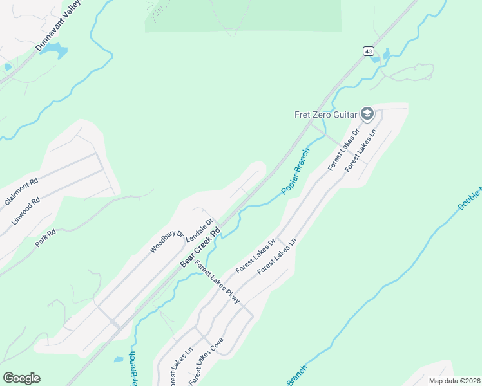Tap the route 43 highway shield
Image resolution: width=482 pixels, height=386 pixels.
pyautogui.click(x=368, y=51)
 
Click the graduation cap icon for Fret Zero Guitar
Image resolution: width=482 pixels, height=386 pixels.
pyautogui.click(x=367, y=115)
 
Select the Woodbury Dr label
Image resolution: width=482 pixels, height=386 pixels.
pyautogui.click(x=167, y=241)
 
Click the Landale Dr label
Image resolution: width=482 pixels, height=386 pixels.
pyautogui.click(x=199, y=230)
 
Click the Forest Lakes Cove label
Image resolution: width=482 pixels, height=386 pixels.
pyautogui.click(x=206, y=362)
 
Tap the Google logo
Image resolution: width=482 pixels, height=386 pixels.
pyautogui.click(x=21, y=378)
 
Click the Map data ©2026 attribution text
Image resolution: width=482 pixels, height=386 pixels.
pyautogui.click(x=454, y=380)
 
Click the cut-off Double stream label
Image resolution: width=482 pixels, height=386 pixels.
pyautogui.click(x=470, y=199)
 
